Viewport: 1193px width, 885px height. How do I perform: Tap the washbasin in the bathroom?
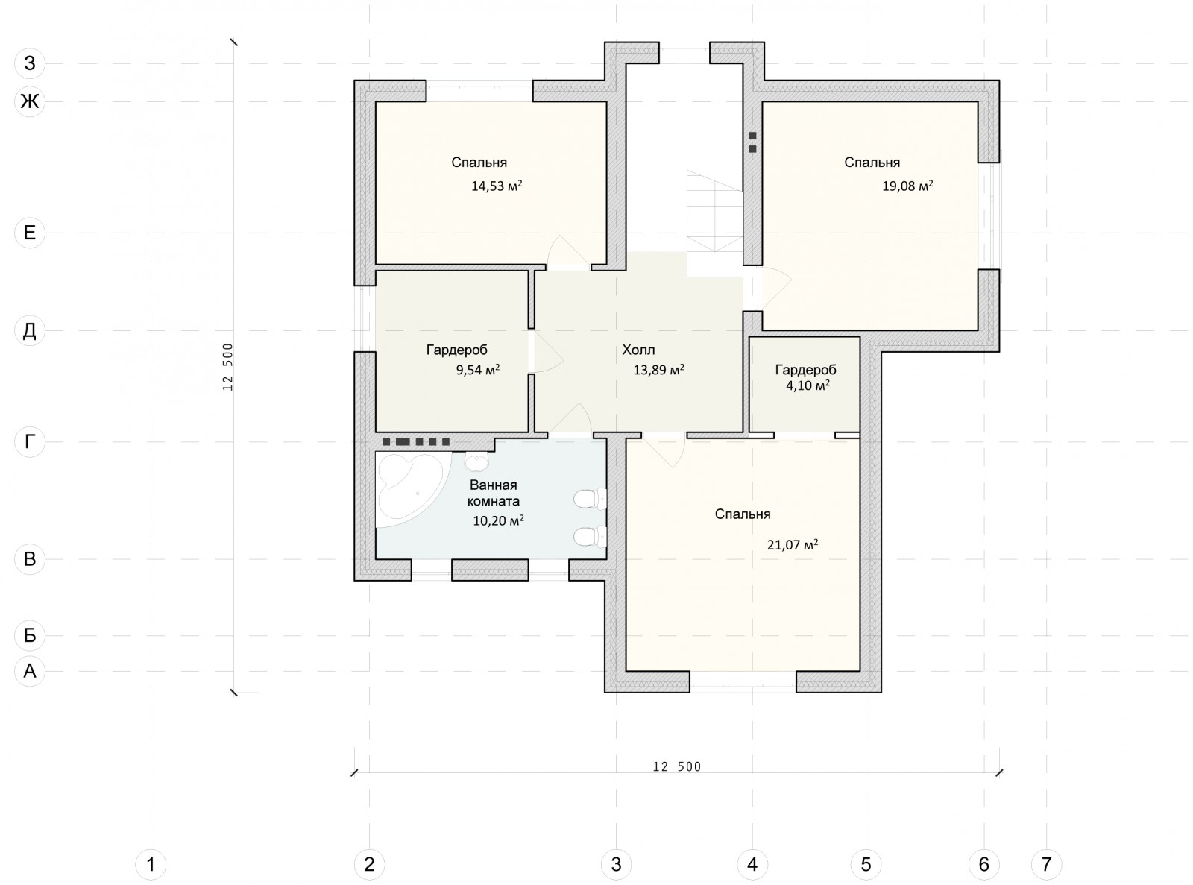[476, 460]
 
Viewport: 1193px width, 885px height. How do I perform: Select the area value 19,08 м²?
[907, 186]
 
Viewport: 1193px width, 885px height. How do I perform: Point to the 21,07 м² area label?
[793, 545]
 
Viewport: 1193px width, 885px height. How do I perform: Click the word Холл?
[638, 350]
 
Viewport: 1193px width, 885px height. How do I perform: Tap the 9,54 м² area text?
[478, 370]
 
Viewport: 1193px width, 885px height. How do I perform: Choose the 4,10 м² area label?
[808, 385]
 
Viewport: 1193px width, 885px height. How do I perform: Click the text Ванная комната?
[494, 494]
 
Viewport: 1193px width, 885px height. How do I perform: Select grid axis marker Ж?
[30, 101]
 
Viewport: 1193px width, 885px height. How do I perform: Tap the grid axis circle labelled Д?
[30, 330]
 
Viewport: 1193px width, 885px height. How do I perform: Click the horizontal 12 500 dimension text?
[676, 766]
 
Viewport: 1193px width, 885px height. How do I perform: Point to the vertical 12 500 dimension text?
[227, 367]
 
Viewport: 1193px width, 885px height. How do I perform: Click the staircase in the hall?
[715, 223]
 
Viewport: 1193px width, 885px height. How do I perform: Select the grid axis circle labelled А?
[30, 671]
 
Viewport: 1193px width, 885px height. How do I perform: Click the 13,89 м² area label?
[658, 370]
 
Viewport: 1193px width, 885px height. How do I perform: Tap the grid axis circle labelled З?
[30, 63]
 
